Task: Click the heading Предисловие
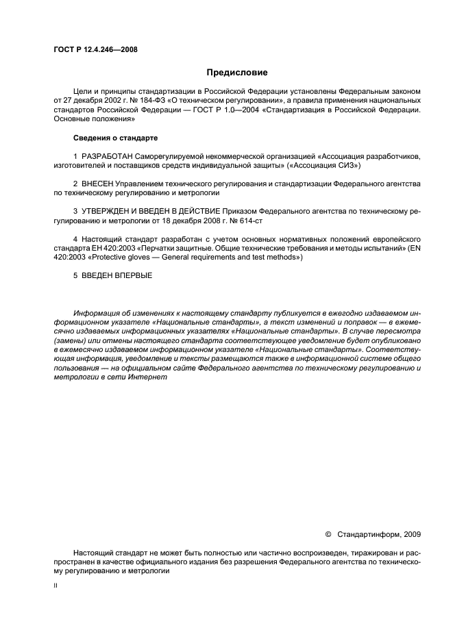237,73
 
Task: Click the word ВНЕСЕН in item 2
97,184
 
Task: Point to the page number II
56,587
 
